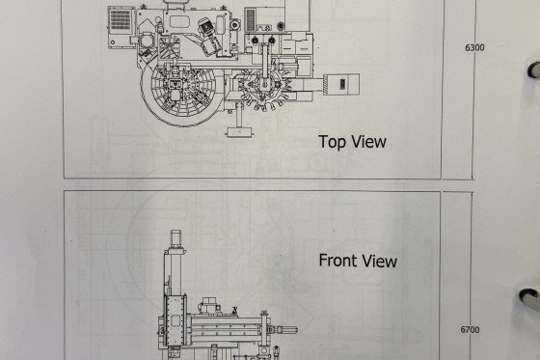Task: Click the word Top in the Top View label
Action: point(333,142)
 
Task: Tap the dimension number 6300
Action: point(474,47)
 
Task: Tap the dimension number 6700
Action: point(470,330)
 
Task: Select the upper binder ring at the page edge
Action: point(534,69)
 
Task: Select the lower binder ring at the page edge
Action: point(530,297)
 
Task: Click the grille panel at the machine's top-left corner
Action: point(121,19)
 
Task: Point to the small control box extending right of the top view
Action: point(341,83)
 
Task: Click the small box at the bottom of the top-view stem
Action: point(239,131)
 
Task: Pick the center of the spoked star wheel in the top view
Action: point(264,85)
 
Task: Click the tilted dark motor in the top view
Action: point(209,36)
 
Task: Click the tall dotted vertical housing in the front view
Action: point(175,319)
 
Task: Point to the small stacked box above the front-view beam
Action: point(209,304)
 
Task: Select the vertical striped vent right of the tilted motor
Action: point(251,19)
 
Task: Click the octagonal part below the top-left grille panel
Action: point(147,42)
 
